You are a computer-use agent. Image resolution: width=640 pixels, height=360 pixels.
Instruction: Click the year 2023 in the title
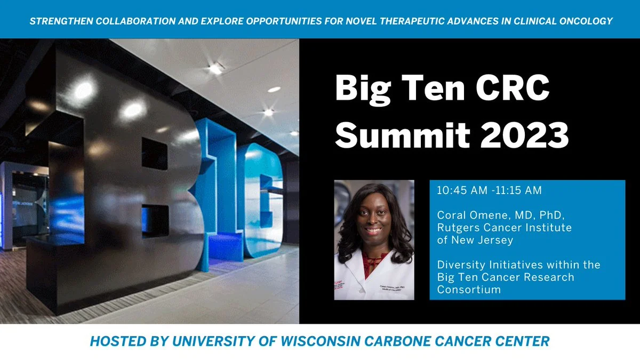click(x=525, y=135)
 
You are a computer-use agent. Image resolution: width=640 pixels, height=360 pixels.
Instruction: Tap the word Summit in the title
click(x=403, y=135)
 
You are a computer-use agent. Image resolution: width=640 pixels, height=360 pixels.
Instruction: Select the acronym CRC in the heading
click(x=513, y=87)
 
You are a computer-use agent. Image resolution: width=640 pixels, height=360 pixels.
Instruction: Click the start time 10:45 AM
click(x=462, y=190)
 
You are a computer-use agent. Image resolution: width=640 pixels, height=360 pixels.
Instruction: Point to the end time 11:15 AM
click(x=518, y=190)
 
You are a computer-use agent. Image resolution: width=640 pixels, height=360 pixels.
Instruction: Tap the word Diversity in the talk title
click(x=461, y=265)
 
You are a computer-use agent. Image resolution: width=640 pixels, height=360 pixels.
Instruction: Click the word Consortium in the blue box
click(x=469, y=290)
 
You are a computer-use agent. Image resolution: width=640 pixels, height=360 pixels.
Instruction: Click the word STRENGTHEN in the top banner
click(x=61, y=21)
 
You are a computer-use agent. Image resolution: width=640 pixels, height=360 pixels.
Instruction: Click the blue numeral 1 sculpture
click(x=220, y=194)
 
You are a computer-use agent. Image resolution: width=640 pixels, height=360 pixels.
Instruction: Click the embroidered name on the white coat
click(x=391, y=287)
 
